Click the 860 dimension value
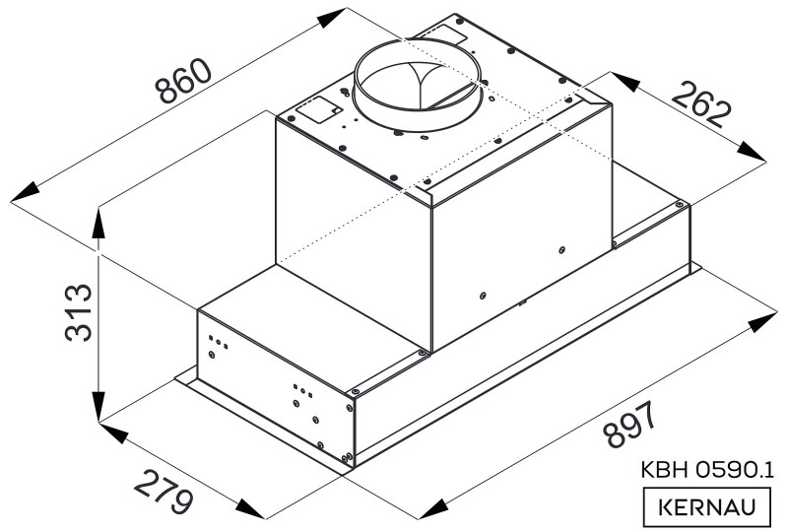[x=183, y=81]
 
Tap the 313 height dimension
[x=79, y=312]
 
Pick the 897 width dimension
[x=629, y=424]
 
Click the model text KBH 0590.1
[x=707, y=470]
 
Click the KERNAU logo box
[x=707, y=506]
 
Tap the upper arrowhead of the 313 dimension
[x=98, y=223]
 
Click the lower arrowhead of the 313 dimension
[x=98, y=406]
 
